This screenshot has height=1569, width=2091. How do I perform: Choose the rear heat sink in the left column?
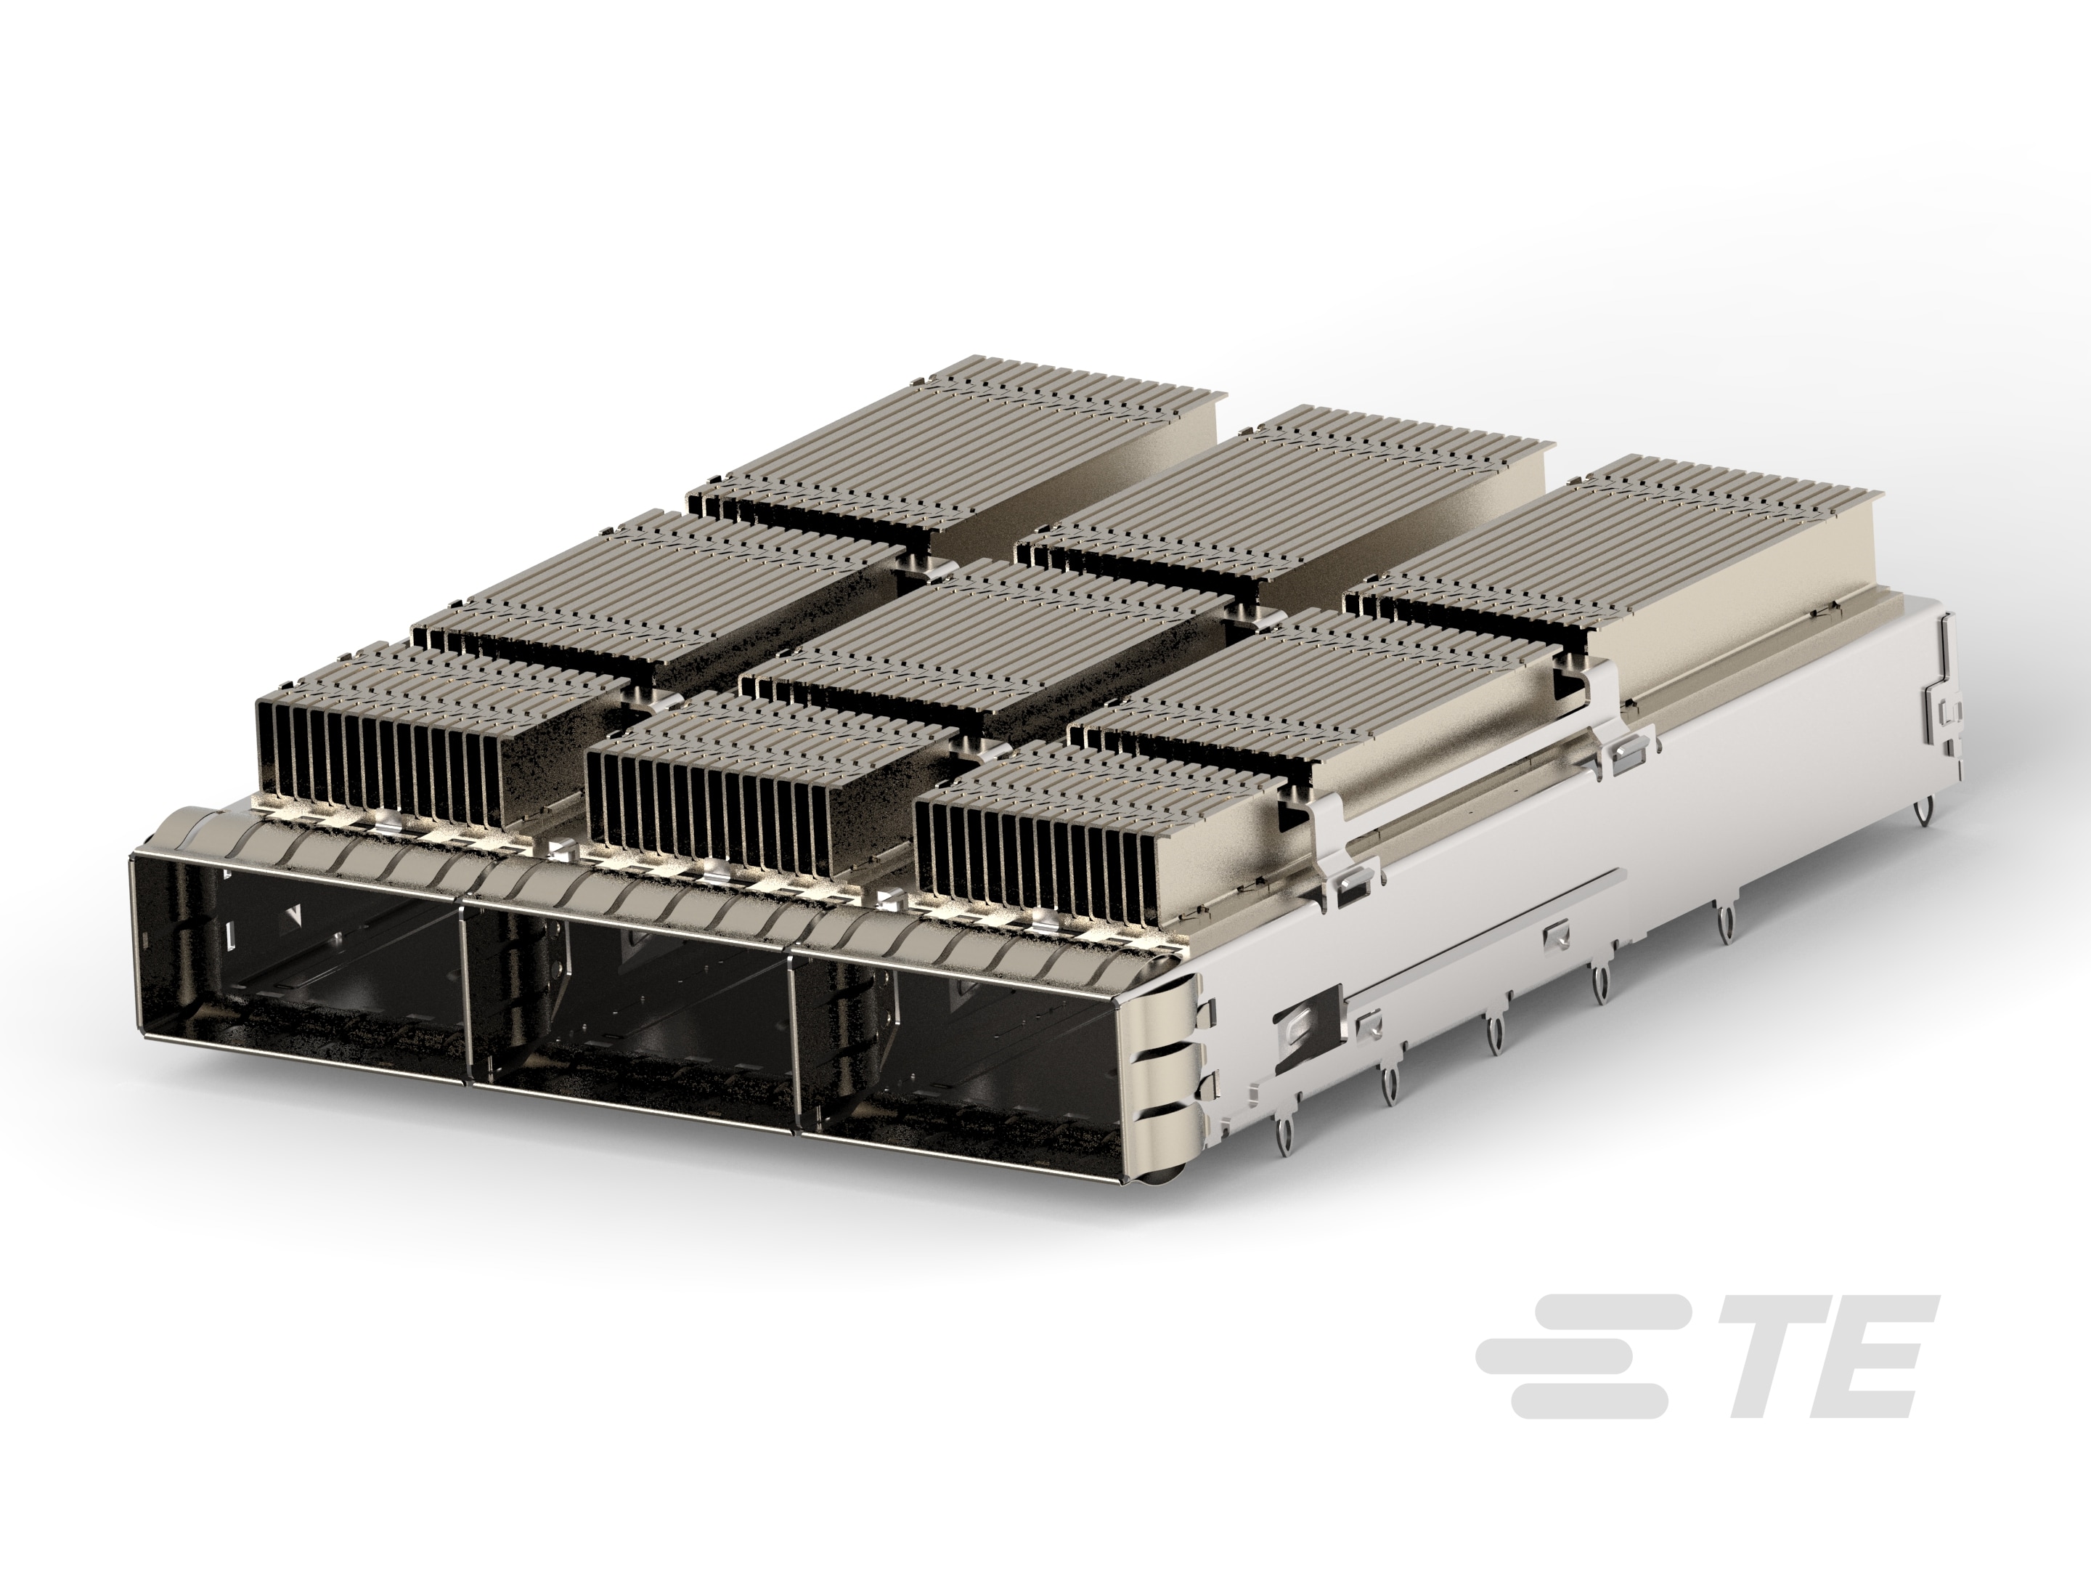pyautogui.click(x=955, y=445)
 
